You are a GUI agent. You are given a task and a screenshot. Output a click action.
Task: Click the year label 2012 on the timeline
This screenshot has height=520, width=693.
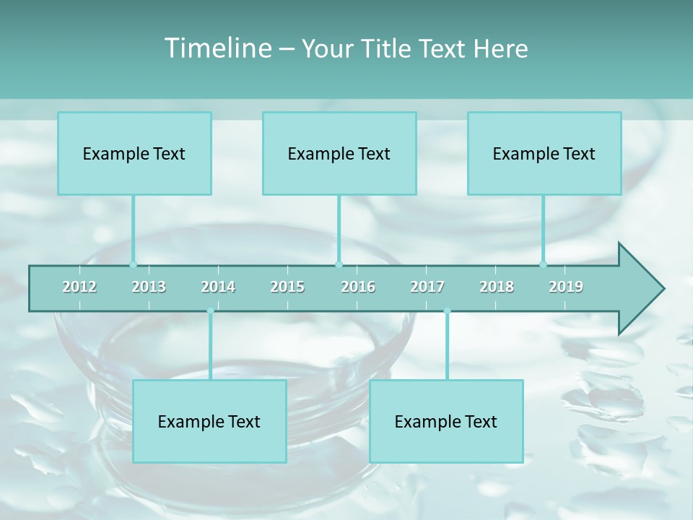(x=79, y=287)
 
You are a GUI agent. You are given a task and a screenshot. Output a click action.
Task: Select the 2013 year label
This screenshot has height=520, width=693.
(x=149, y=287)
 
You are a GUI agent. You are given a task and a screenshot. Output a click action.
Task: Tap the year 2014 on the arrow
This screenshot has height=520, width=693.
(x=218, y=287)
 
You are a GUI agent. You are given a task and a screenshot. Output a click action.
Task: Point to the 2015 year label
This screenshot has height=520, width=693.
(x=287, y=287)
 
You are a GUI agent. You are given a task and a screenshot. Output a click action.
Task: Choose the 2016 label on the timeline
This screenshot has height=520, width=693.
(x=358, y=287)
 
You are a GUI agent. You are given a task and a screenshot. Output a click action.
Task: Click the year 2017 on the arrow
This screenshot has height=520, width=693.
(x=427, y=287)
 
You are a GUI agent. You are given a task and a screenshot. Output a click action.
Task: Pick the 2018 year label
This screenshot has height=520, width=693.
(x=497, y=287)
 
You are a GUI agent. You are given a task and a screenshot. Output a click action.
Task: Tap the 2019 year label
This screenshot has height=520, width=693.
(x=566, y=287)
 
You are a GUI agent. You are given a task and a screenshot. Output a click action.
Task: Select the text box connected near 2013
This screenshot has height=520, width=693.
(x=134, y=153)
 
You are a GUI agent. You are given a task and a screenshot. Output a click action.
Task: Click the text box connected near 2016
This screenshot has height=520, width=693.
(x=339, y=153)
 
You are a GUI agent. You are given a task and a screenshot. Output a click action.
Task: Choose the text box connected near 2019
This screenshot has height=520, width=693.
(x=544, y=153)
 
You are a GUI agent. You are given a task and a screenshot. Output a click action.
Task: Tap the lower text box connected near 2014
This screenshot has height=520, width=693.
(x=209, y=421)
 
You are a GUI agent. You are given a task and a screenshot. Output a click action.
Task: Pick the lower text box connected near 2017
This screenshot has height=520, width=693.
(x=446, y=421)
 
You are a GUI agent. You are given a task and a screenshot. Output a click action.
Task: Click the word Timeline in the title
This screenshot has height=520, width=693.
(x=217, y=48)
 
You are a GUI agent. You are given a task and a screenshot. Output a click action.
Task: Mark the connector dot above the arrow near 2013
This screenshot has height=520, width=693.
(x=133, y=264)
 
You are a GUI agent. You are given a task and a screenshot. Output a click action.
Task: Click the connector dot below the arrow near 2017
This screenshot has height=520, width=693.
(x=447, y=311)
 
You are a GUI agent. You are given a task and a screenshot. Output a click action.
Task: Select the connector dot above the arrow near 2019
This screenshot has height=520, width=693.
(x=543, y=264)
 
